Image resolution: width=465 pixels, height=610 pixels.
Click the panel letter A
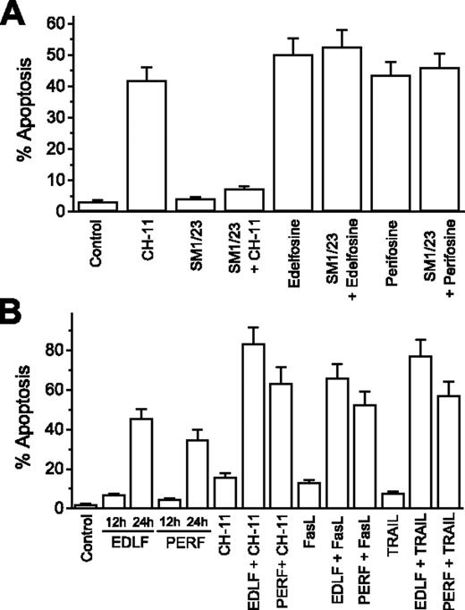pyautogui.click(x=15, y=15)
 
